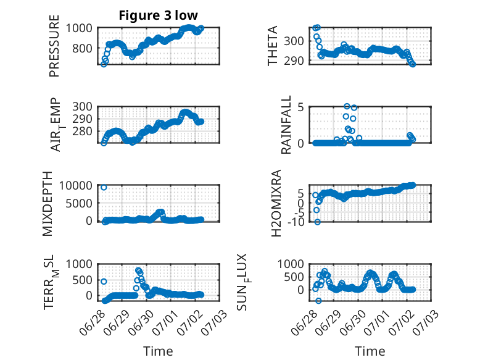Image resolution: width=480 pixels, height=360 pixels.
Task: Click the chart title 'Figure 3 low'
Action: tap(159, 15)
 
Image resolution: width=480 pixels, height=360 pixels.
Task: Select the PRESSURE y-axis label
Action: tap(54, 46)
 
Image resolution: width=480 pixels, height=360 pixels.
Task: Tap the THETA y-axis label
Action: tap(272, 46)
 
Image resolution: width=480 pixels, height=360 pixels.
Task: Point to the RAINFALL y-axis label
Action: tap(286, 125)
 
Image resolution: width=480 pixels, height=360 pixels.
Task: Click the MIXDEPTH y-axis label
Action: tap(48, 203)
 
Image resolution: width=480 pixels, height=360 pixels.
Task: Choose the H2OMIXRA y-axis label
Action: tap(276, 203)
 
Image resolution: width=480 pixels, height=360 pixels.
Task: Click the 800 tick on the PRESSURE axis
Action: tap(82, 48)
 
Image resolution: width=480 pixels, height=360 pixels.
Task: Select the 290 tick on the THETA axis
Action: tap(294, 61)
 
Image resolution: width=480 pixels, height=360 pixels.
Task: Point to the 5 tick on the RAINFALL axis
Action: tap(300, 107)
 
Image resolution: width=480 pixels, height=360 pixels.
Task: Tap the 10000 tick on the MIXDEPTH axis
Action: tap(76, 185)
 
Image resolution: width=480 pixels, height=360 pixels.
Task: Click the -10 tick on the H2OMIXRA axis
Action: tap(296, 222)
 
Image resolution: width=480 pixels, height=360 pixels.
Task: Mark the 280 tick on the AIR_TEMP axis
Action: tap(82, 132)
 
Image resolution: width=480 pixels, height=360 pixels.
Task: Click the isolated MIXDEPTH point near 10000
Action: tap(104, 187)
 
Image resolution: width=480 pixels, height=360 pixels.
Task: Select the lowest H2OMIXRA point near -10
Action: tap(318, 222)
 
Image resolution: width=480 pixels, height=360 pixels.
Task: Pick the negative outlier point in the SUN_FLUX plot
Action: tap(318, 301)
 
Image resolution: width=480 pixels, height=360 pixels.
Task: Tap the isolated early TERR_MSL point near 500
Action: tap(104, 281)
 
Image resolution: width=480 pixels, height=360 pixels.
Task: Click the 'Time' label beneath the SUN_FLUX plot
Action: tap(370, 351)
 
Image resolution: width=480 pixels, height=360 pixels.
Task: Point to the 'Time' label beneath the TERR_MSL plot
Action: tap(159, 351)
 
